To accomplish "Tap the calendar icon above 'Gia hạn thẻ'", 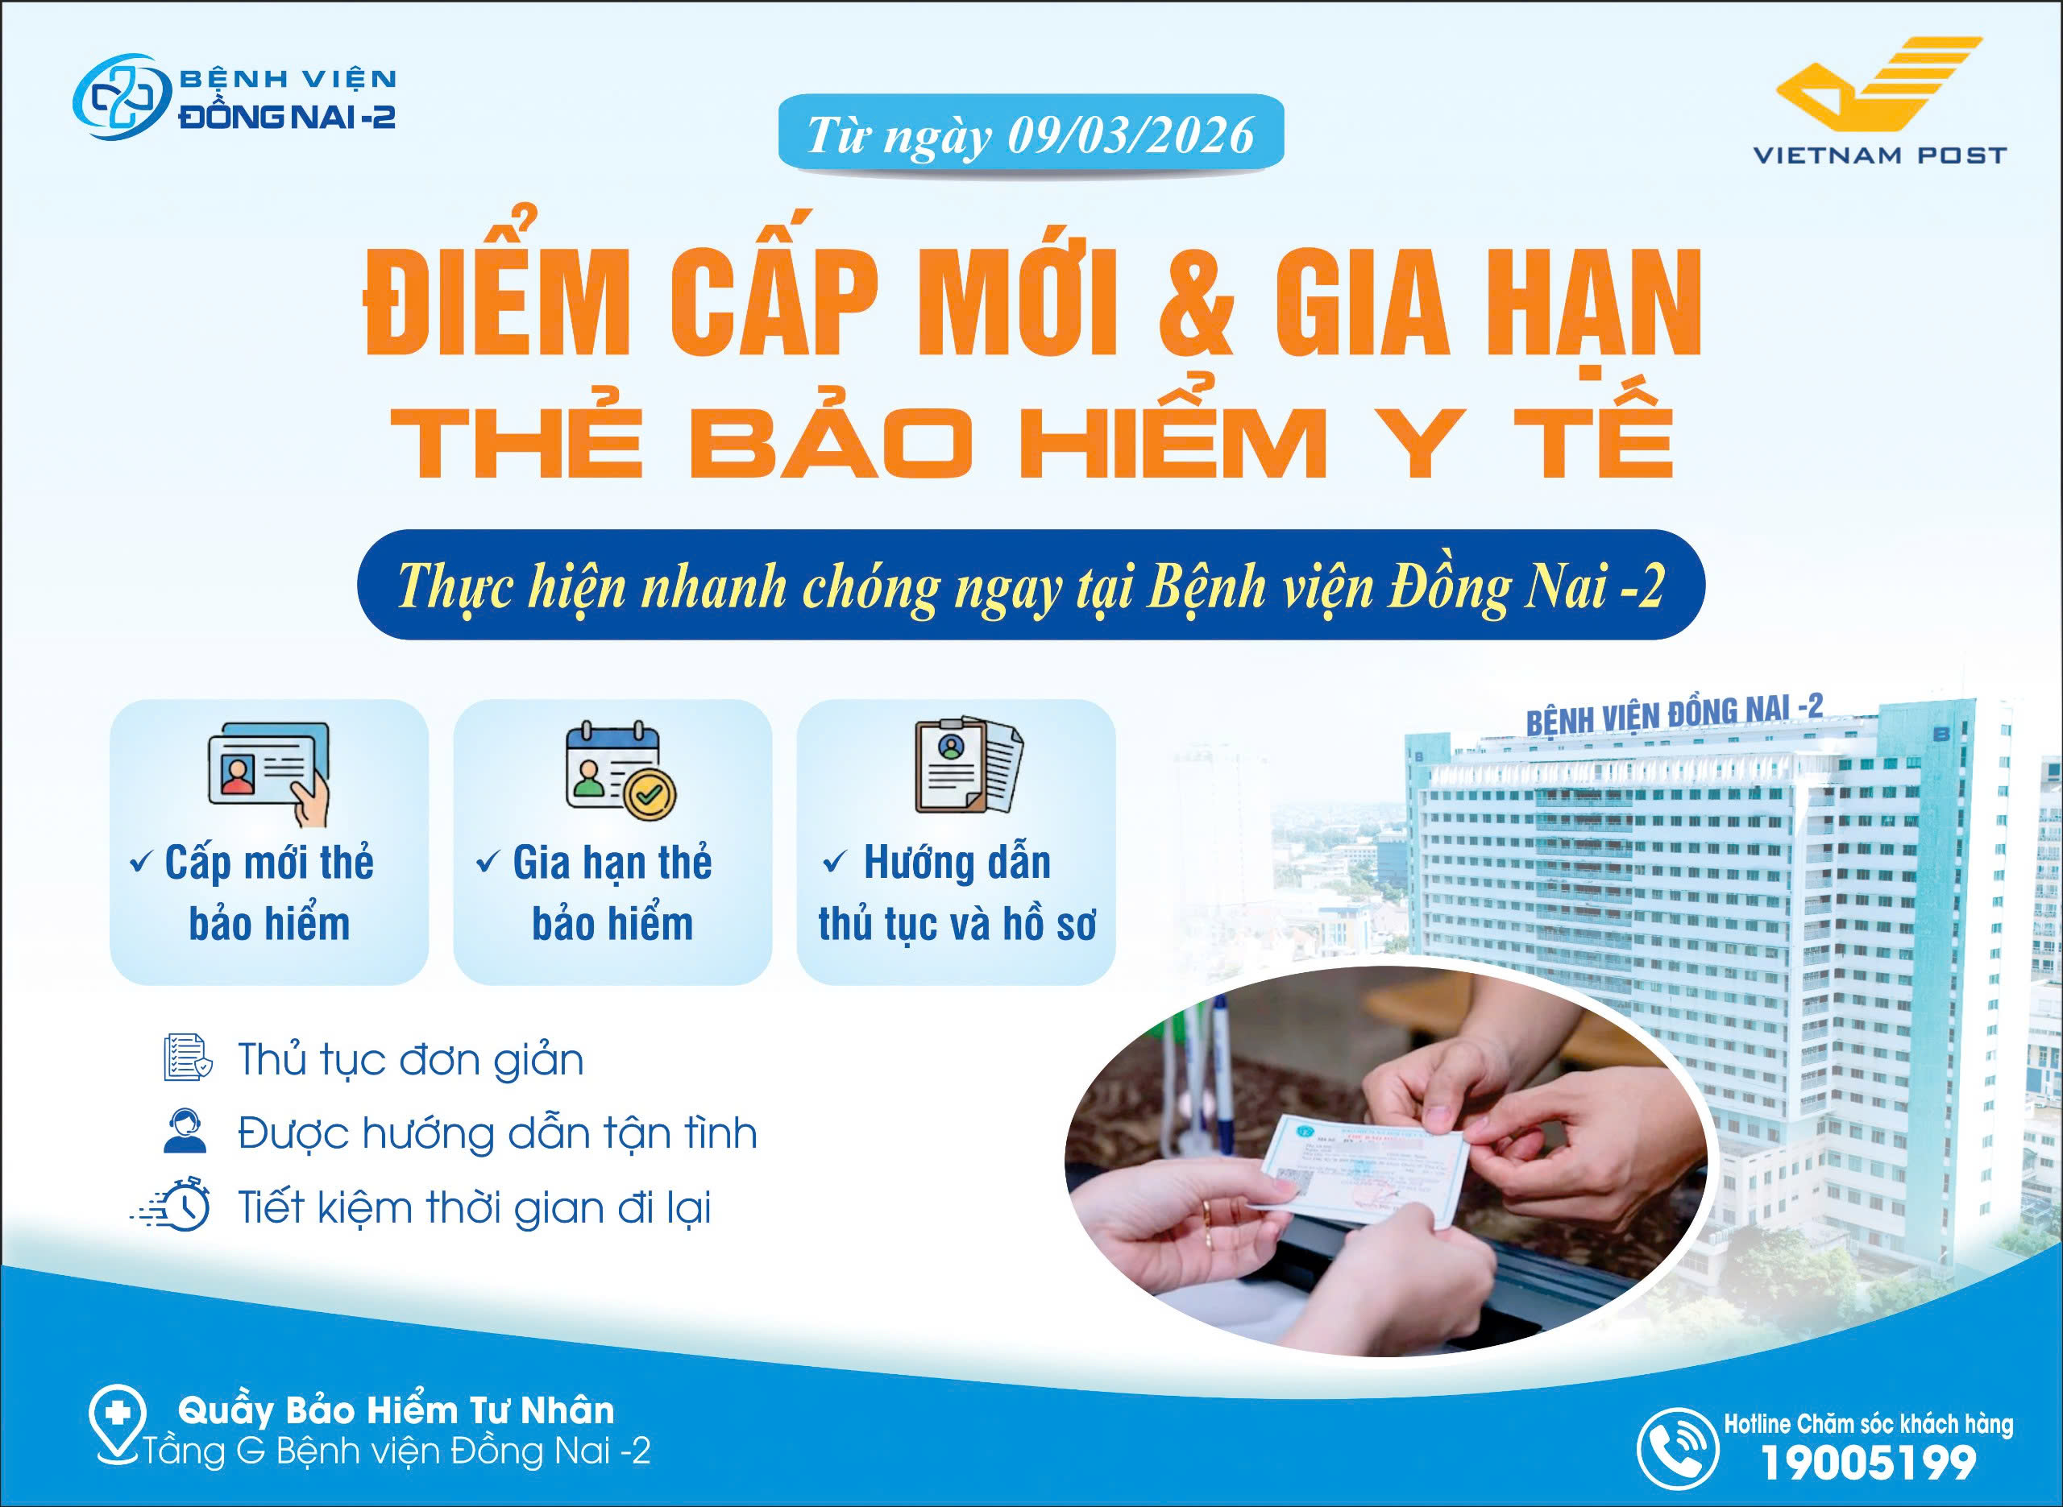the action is pos(621,770).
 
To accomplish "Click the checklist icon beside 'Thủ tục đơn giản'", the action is pos(187,1059).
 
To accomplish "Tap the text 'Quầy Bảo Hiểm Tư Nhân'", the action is pos(396,1410).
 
